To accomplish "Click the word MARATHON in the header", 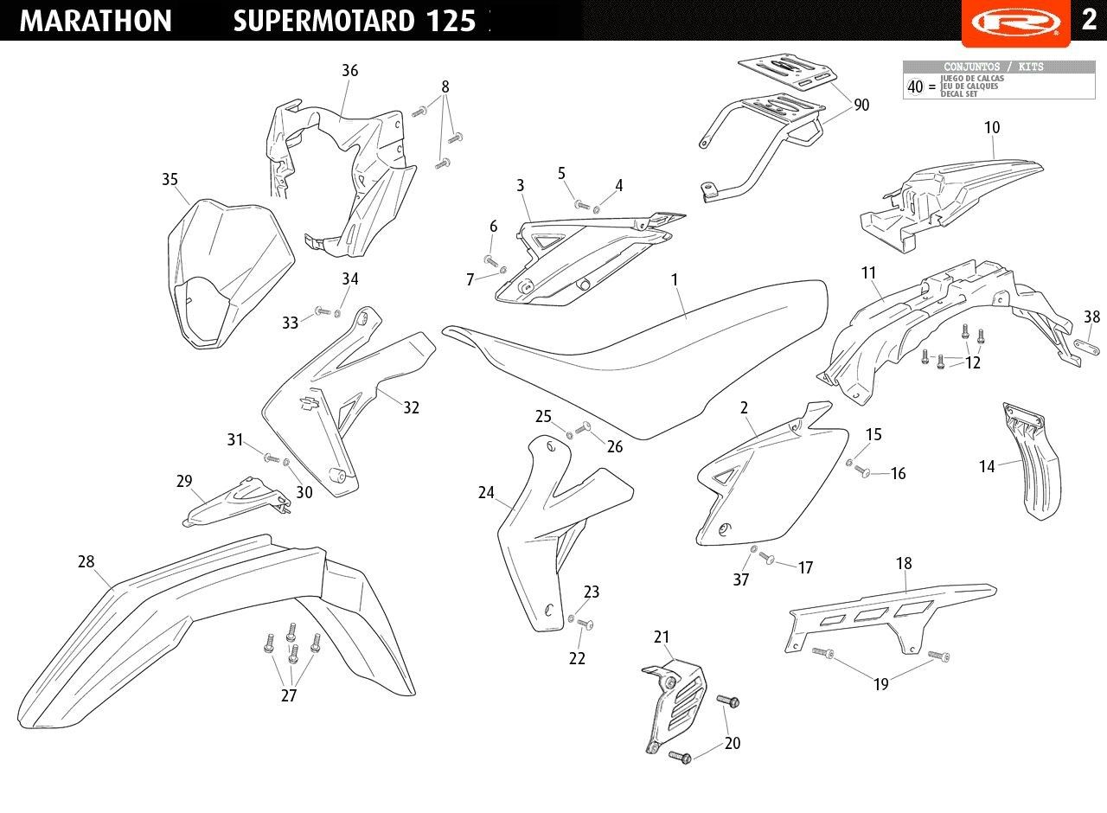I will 95,21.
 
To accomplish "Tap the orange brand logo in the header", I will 1015,21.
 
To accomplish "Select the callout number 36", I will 349,71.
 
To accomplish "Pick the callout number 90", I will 861,106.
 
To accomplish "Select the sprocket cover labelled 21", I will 675,701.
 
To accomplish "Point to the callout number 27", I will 289,695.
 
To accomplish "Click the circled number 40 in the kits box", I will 915,86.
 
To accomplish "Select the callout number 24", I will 486,493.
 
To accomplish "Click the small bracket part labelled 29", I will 234,503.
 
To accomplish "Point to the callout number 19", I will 880,685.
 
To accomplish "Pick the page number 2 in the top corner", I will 1089,19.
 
